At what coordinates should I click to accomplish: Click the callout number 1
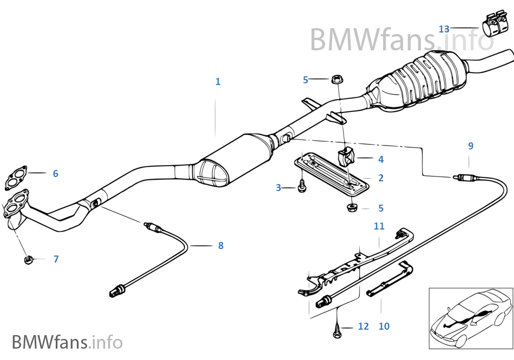coord(218,82)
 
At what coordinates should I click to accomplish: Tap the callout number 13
coord(444,29)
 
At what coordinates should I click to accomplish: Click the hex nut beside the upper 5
coord(336,80)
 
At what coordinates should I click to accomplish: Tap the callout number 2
coord(381,178)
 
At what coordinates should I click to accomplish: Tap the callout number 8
coord(220,246)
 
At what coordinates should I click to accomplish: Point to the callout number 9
coord(470,146)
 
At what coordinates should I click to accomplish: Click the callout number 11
coord(379,226)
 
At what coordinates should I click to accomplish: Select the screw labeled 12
coord(337,326)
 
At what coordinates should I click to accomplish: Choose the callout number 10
coord(384,326)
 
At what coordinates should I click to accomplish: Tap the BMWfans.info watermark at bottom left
coord(67,342)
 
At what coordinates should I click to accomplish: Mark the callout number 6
coord(55,174)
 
